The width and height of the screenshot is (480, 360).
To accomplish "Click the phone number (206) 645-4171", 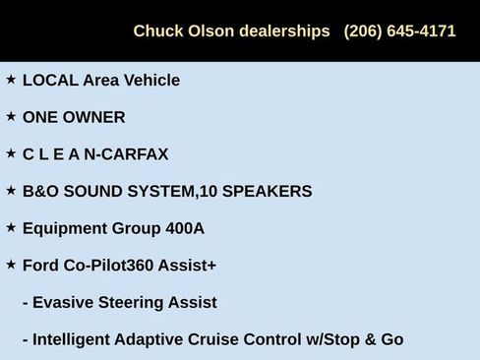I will coord(399,30).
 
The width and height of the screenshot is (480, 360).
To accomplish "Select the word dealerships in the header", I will coord(285,30).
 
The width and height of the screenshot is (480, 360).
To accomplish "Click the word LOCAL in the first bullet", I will coord(49,81).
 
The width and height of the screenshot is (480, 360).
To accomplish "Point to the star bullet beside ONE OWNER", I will coord(11,116).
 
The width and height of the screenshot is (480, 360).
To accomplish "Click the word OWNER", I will coord(94,117).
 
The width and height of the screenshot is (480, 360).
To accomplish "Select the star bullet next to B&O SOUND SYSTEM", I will coord(11,190).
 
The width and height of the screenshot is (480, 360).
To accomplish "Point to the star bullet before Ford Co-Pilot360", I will coord(11,264).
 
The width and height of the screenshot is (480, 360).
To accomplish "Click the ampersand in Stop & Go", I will coord(370,339).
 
